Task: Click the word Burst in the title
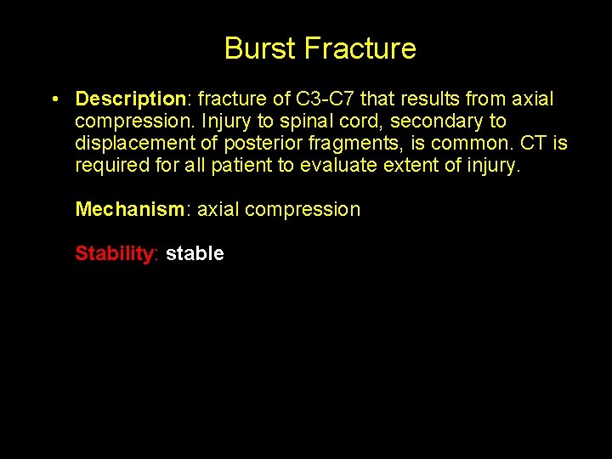point(260,48)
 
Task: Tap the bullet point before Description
point(54,99)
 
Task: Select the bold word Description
point(130,99)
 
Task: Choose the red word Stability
point(114,253)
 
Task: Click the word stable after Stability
point(195,253)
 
